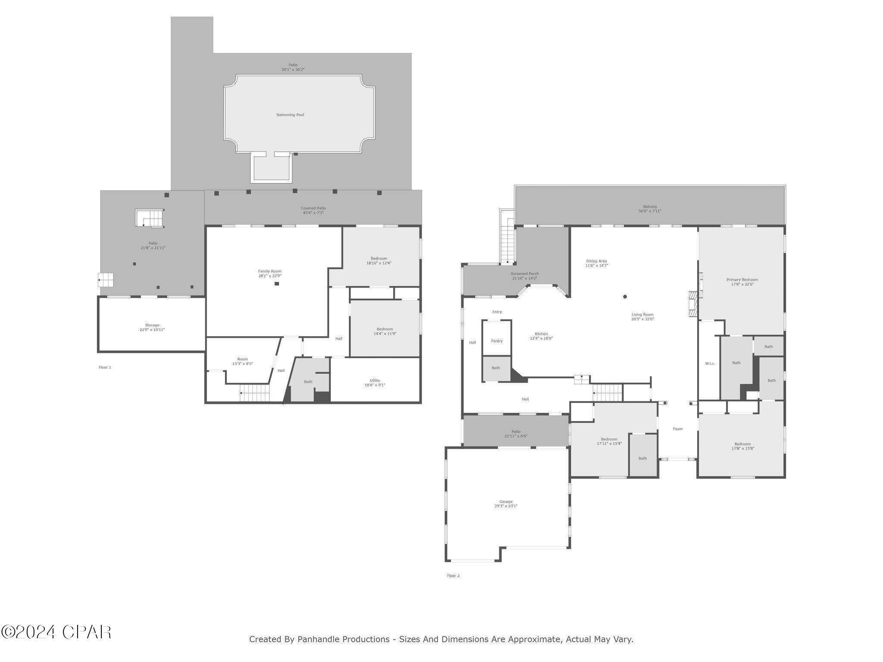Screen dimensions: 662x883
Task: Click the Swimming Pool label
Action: point(290,115)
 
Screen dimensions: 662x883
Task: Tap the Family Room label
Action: point(269,271)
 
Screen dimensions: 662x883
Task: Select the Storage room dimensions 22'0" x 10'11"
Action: point(152,330)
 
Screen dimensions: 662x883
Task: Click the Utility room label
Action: point(375,381)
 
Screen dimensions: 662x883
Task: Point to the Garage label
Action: point(506,502)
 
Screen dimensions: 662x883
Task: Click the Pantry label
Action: point(497,341)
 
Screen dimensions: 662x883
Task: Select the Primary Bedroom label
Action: point(742,280)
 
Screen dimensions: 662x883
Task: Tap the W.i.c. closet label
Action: point(710,364)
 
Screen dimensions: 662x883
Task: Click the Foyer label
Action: point(678,429)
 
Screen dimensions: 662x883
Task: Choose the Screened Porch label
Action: point(525,274)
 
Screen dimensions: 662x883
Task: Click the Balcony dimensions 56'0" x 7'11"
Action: point(650,211)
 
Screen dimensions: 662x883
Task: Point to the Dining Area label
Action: point(596,261)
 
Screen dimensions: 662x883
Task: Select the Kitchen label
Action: point(541,334)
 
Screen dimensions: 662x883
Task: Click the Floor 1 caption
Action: point(105,368)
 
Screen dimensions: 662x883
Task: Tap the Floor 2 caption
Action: point(453,576)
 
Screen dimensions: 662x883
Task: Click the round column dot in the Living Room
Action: point(625,297)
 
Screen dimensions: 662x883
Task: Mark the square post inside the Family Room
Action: point(277,284)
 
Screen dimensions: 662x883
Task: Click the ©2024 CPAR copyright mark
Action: point(56,632)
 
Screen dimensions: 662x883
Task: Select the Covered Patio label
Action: point(313,208)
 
